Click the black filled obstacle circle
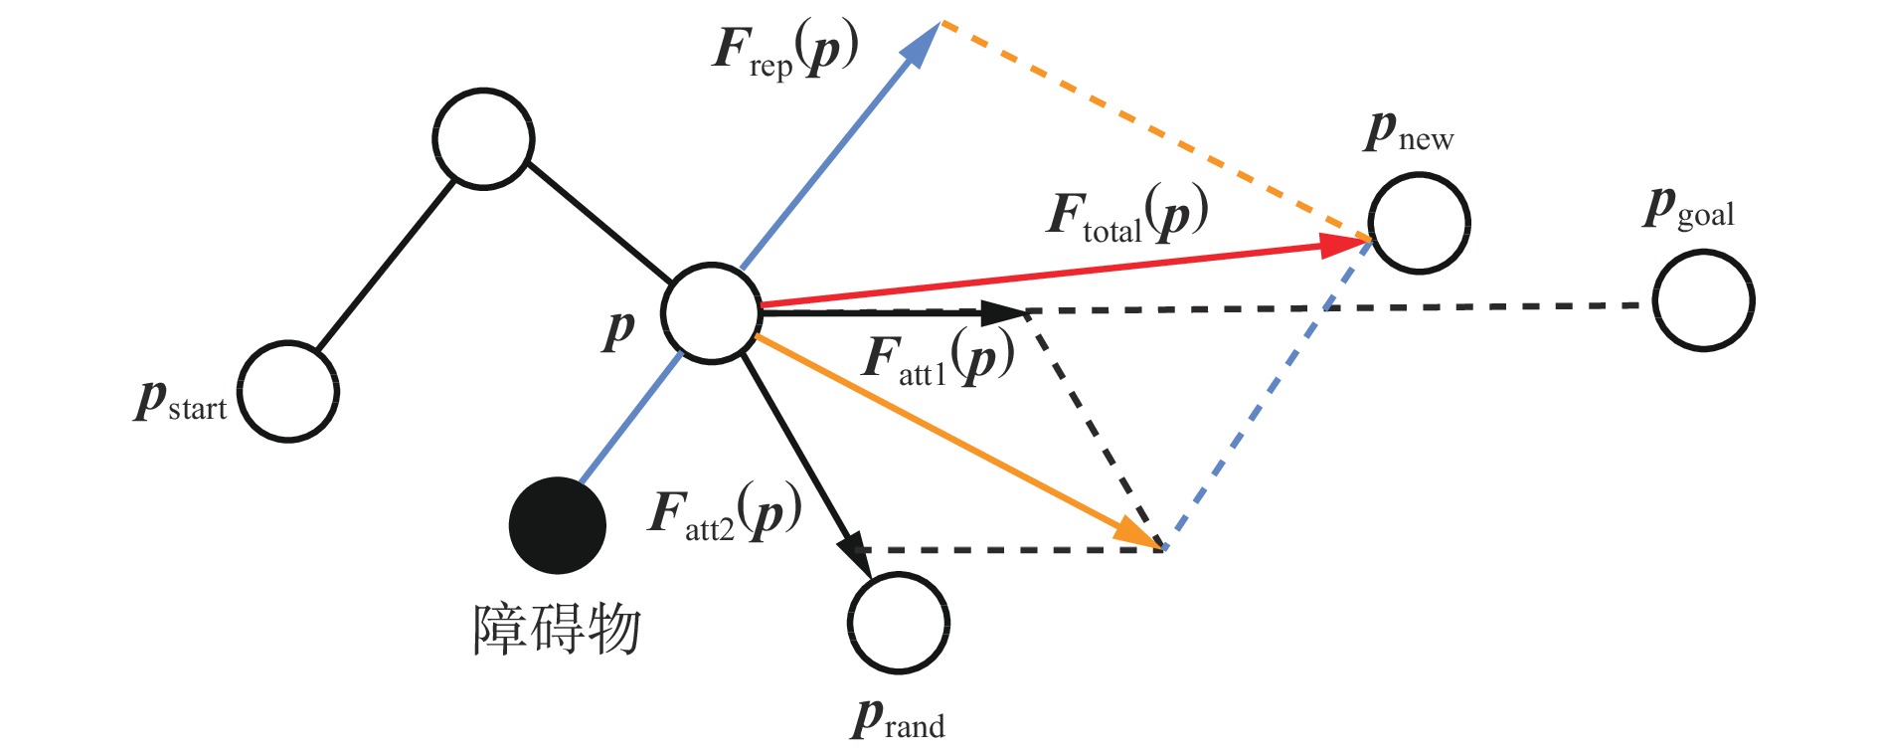558,525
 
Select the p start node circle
288,392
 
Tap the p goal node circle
1703,300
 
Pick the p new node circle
1419,223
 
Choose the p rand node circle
899,623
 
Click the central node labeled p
711,313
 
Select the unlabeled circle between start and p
483,139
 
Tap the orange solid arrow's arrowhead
1136,534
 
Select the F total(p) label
1127,214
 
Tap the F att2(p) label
725,513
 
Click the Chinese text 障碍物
557,630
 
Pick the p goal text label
1689,209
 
